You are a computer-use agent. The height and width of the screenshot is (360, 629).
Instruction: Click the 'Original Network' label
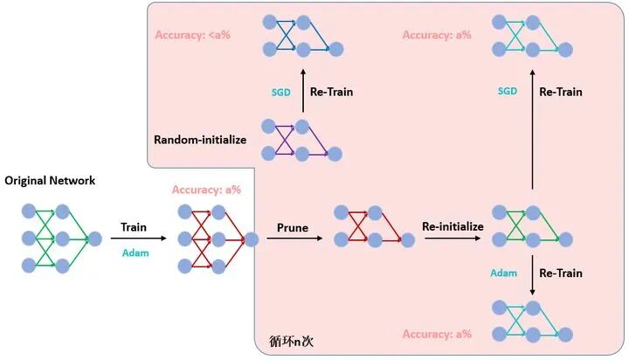coord(50,181)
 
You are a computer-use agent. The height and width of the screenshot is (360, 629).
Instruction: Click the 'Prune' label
coord(291,227)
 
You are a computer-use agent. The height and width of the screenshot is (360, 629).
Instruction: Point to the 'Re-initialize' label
coord(453,226)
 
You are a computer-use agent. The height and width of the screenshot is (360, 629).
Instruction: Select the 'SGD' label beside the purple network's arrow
coord(280,92)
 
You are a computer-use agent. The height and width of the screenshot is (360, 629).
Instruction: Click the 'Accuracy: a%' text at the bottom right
coord(437,334)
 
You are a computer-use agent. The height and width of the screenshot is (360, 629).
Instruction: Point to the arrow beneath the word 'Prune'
coord(291,238)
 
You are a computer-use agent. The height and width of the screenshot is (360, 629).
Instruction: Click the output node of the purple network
coord(335,154)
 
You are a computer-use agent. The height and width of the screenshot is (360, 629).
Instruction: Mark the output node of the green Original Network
coord(94,237)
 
